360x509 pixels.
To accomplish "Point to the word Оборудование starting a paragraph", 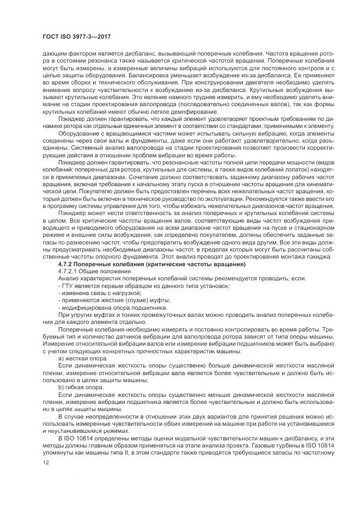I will (78, 132).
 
